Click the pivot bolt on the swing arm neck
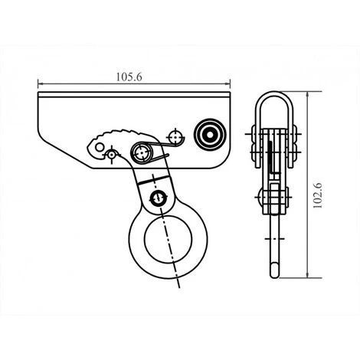coord(158,199)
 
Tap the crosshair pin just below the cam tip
coord(112,155)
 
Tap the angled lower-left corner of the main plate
coord(65,149)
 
